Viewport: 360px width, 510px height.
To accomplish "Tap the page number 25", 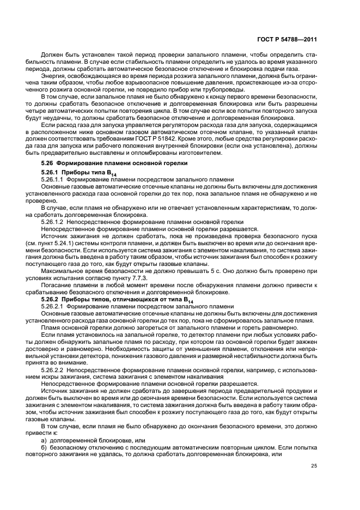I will pyautogui.click(x=314, y=465).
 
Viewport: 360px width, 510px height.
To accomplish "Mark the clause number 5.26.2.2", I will pyautogui.click(x=53, y=369).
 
